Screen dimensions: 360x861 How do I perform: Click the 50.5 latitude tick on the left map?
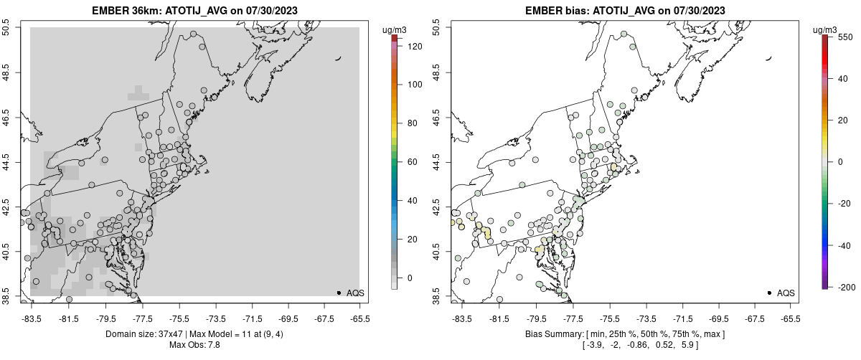click(x=6, y=28)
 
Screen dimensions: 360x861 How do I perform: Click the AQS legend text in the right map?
click(x=786, y=293)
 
